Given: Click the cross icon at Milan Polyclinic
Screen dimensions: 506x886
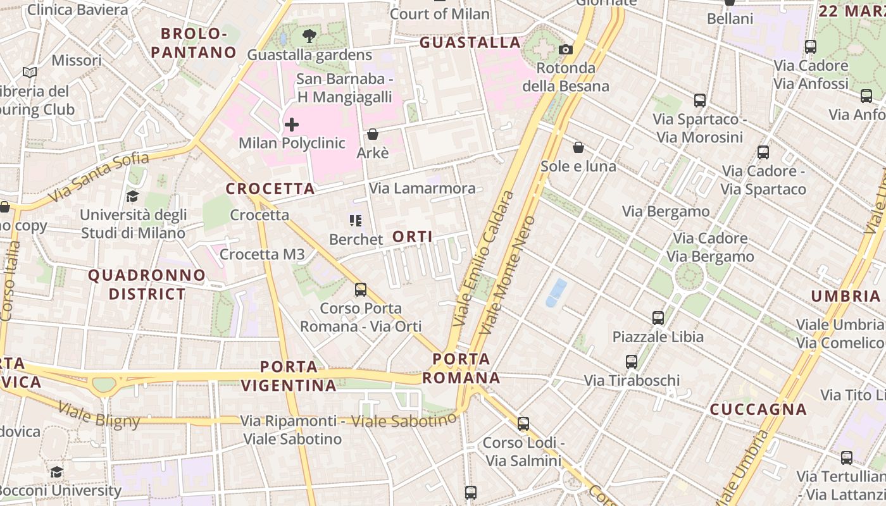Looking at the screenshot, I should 291,125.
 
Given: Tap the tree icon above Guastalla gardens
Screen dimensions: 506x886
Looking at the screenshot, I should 309,35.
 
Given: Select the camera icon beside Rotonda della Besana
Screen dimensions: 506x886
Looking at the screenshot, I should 565,49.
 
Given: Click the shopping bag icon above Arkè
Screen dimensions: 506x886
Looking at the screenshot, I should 373,134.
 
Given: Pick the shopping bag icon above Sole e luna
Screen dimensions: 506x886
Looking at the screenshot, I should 578,147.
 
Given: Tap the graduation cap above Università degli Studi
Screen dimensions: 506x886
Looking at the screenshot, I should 132,196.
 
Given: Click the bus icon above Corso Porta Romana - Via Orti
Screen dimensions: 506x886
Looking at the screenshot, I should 360,289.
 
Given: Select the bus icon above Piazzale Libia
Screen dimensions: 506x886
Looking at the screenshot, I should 658,318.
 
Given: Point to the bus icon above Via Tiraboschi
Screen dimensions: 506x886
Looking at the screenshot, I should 631,361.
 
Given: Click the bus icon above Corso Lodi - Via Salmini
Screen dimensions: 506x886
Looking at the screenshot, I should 523,423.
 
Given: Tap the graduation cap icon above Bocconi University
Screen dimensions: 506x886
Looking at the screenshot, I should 56,472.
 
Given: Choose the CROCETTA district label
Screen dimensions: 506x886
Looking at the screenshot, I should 270,188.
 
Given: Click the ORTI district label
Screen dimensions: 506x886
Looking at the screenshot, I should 413,237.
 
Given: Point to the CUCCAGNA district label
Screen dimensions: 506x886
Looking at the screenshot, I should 758,409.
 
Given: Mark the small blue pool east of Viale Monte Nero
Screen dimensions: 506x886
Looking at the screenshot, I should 556,293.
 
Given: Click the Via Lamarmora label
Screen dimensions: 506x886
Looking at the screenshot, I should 422,188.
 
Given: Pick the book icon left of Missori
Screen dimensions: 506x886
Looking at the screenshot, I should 30,72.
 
